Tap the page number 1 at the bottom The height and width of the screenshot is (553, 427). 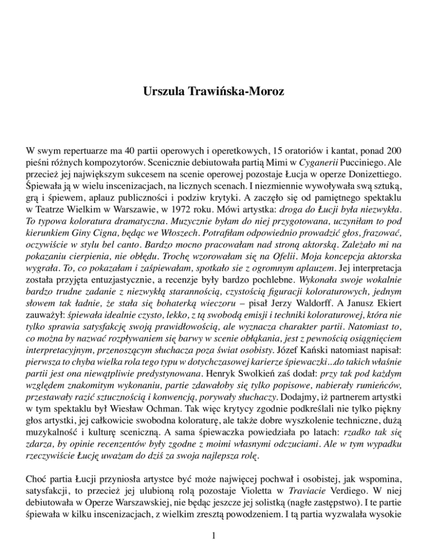pyautogui.click(x=213, y=537)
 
